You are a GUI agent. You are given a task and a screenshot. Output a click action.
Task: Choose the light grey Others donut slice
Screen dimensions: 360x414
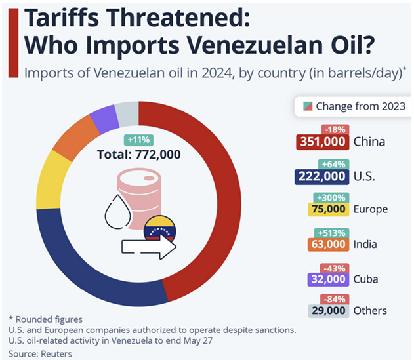pyautogui.click(x=127, y=113)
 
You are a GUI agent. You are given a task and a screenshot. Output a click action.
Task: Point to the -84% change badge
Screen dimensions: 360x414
pyautogui.click(x=333, y=300)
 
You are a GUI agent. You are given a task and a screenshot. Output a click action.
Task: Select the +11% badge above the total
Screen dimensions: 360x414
pyautogui.click(x=138, y=140)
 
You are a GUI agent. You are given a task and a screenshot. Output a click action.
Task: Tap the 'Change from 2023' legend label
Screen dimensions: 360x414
pyautogui.click(x=360, y=106)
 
